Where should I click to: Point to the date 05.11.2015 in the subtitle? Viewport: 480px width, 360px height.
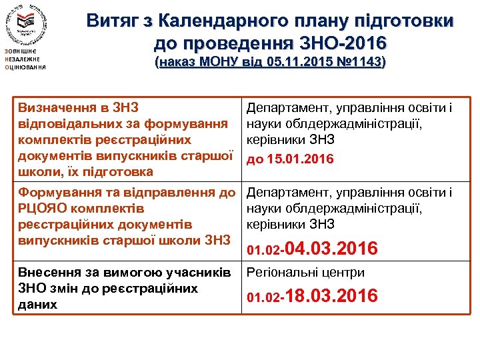pos(295,63)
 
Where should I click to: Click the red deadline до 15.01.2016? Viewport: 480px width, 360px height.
pos(290,160)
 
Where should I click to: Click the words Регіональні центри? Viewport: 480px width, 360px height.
pos(306,272)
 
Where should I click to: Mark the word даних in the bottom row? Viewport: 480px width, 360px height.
pos(36,305)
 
